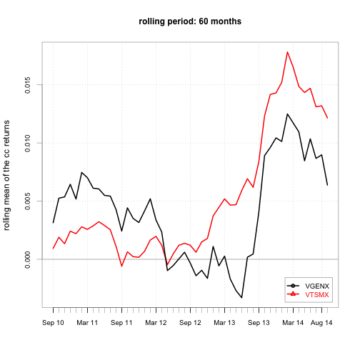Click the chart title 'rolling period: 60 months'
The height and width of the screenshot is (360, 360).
190,21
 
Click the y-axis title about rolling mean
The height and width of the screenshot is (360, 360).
6,175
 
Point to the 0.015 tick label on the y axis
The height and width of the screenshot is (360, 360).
28,85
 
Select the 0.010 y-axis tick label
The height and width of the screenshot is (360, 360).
28,143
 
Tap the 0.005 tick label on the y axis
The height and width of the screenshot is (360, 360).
28,201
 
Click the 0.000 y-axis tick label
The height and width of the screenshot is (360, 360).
28,259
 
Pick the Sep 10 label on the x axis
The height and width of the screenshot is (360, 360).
53,323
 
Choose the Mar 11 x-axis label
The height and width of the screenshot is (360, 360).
87,323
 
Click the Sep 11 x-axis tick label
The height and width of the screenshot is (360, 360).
121,323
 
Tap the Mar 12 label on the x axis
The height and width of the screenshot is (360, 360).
156,323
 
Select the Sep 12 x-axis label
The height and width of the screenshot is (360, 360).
190,323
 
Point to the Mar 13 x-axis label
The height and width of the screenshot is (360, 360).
224,323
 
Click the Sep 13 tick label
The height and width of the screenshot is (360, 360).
259,323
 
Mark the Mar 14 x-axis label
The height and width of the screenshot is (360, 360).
293,323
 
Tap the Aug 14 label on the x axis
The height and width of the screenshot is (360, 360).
321,323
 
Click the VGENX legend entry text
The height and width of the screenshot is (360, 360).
317,286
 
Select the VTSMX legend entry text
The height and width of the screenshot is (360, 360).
317,295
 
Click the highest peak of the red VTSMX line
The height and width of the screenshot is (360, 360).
287,52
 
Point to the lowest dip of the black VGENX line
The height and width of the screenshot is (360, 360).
241,298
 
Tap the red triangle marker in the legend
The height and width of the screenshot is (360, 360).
293,294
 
